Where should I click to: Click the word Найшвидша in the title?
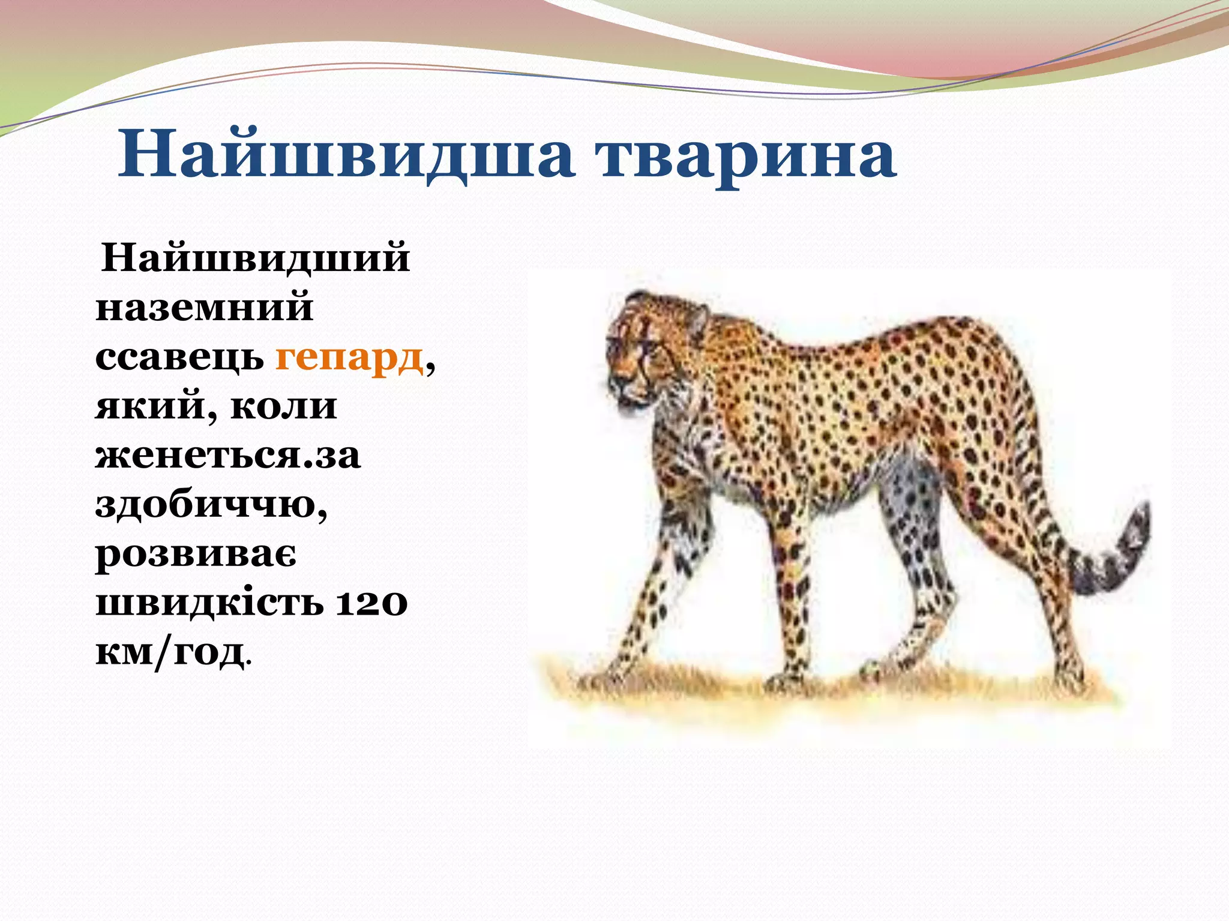[345, 155]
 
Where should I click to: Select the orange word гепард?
[349, 358]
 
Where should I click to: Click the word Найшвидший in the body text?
[255, 258]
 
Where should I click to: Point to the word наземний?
[204, 308]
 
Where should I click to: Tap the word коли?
[283, 407]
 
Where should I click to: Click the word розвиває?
[196, 555]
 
